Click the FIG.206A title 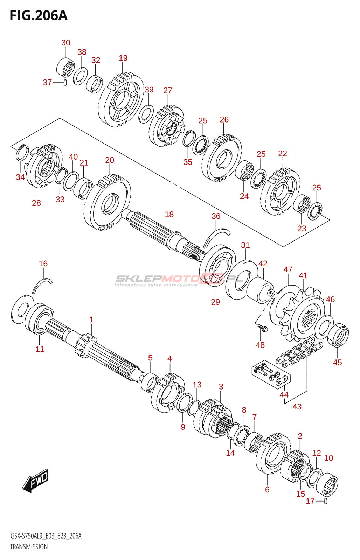pyautogui.click(x=39, y=16)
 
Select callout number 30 pyautogui.click(x=66, y=43)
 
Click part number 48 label pyautogui.click(x=260, y=345)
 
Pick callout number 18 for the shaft pyautogui.click(x=169, y=214)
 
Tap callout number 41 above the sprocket pyautogui.click(x=303, y=275)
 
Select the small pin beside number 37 pyautogui.click(x=65, y=82)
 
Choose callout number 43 pyautogui.click(x=297, y=407)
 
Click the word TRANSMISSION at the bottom pyautogui.click(x=29, y=552)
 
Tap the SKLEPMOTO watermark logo pyautogui.click(x=179, y=280)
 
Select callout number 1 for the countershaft pyautogui.click(x=91, y=320)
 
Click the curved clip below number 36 pyautogui.click(x=217, y=238)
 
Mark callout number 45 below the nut pyautogui.click(x=337, y=362)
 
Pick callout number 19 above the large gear pyautogui.click(x=123, y=58)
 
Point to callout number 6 pyautogui.click(x=267, y=490)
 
